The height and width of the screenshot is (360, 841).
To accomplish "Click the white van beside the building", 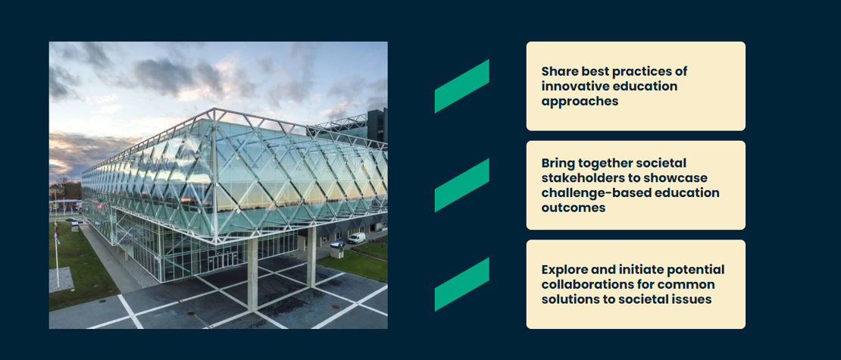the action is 356,238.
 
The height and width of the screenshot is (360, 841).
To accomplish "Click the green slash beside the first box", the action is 462,86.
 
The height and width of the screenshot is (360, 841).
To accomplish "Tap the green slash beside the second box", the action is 462,185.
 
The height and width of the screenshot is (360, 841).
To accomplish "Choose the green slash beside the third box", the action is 462,284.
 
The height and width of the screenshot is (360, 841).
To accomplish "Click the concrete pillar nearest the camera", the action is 252,274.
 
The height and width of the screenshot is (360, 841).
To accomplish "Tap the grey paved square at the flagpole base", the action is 61,280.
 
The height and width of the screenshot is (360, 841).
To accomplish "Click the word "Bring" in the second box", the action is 558,162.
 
